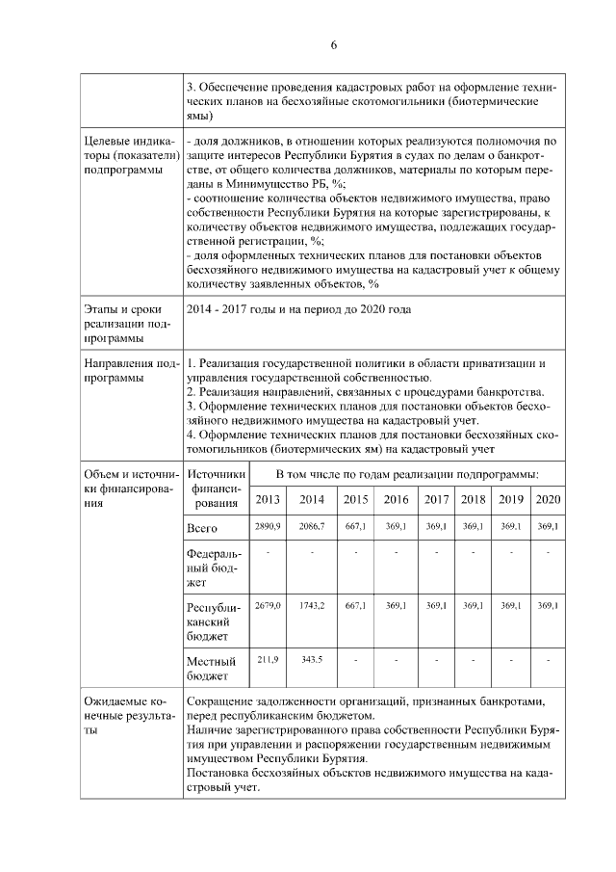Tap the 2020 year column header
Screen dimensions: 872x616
[x=548, y=499]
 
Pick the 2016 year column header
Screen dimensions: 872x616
[x=396, y=499]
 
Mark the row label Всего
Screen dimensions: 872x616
[x=202, y=529]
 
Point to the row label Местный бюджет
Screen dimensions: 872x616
[x=212, y=669]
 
